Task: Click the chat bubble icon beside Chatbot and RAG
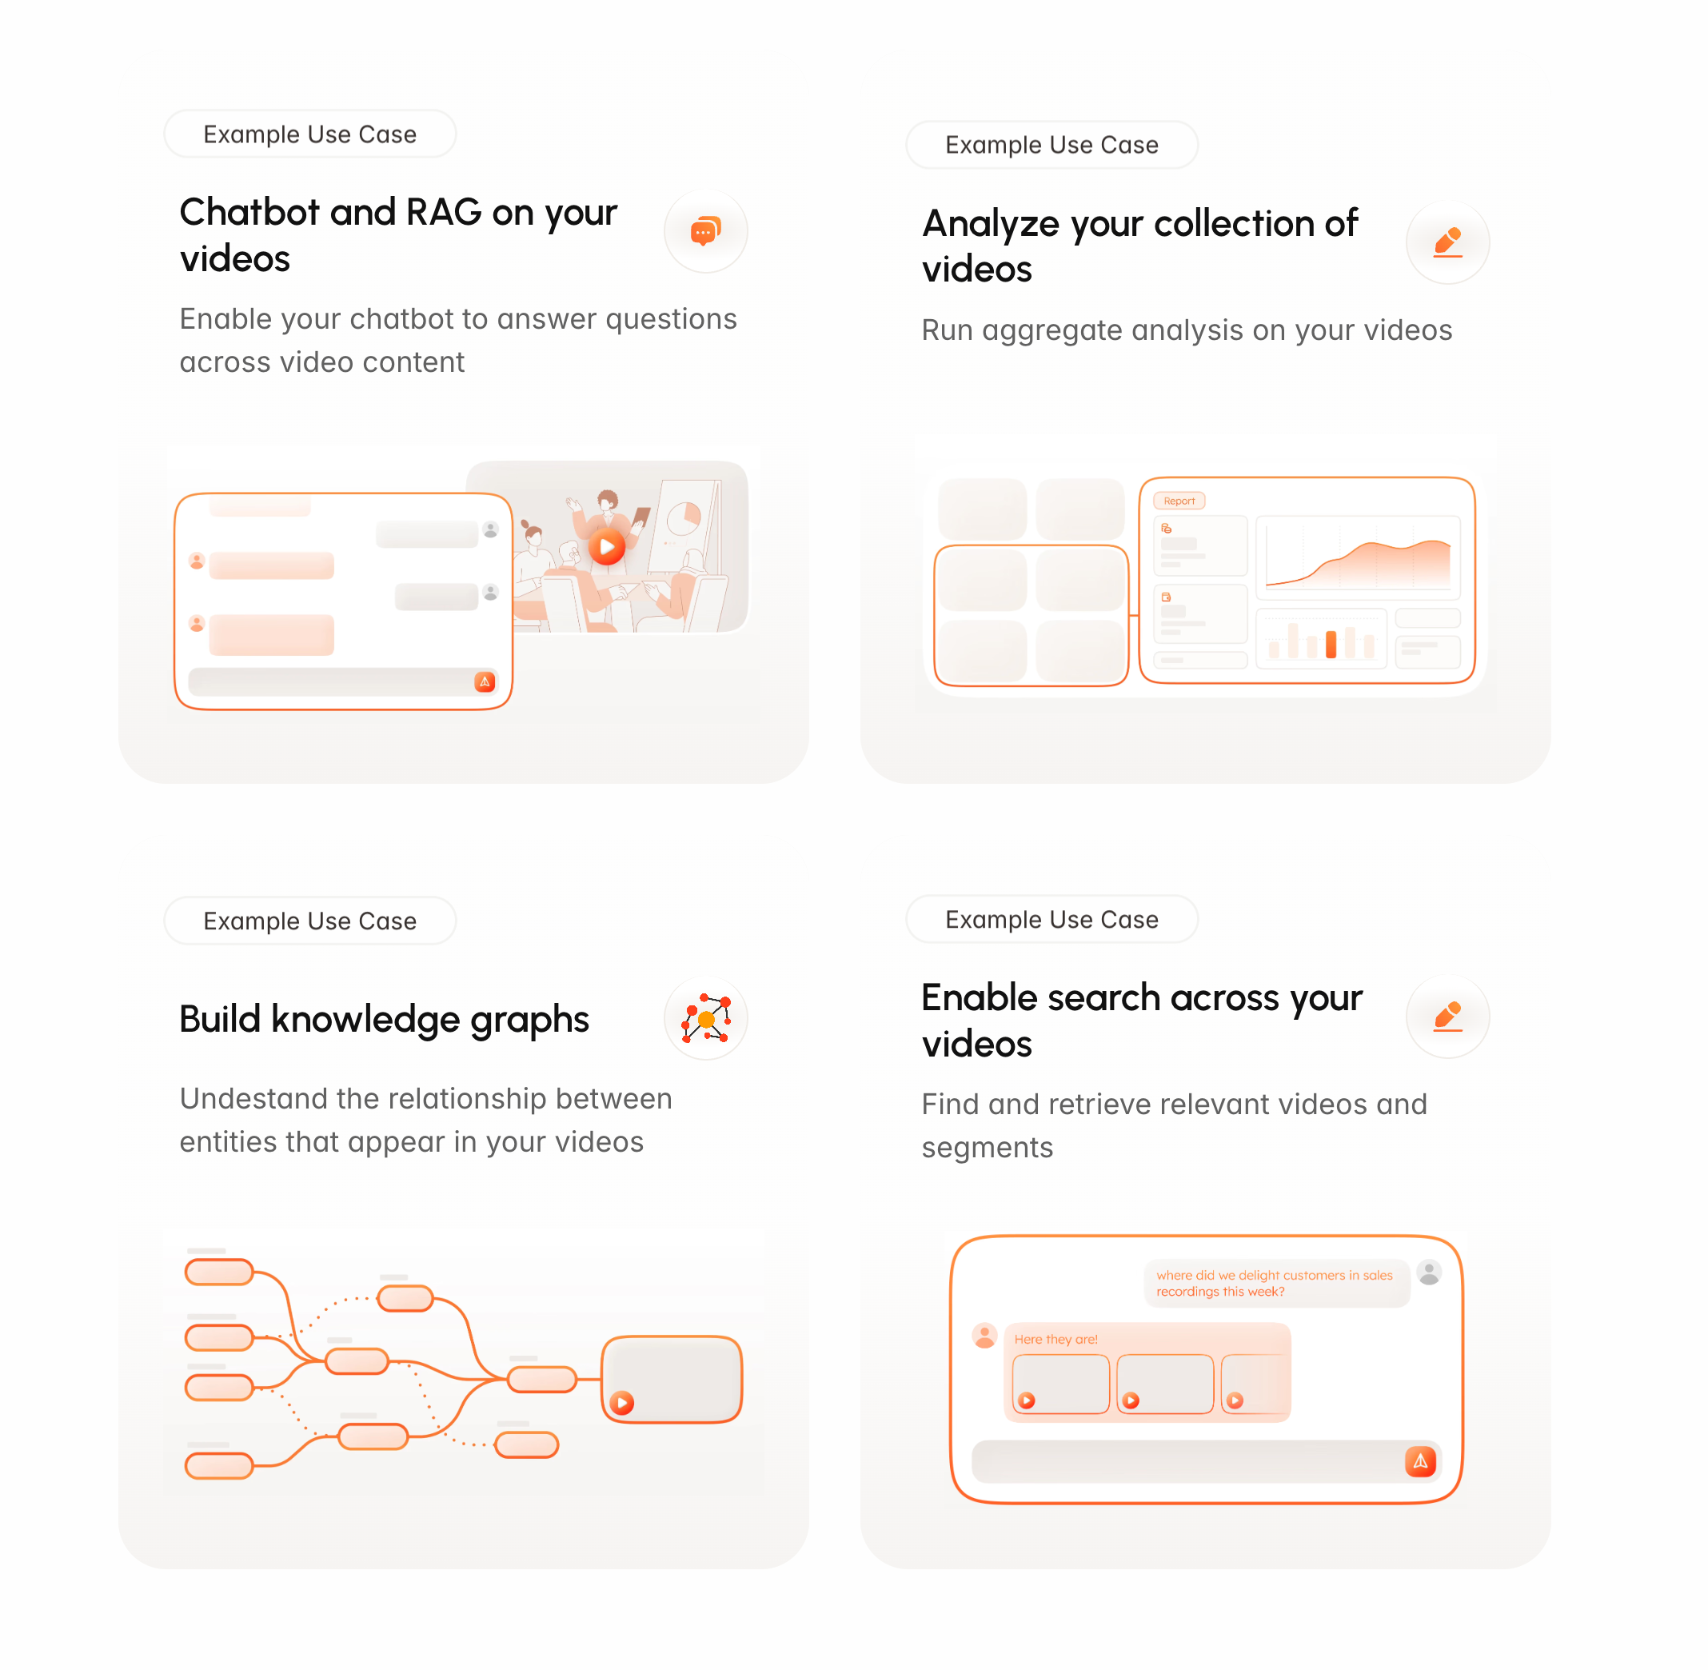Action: (x=706, y=230)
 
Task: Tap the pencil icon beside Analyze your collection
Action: (x=1447, y=242)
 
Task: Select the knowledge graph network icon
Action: (x=706, y=1018)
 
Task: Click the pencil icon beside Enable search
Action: (x=1447, y=1016)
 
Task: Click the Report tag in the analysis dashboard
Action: (x=1179, y=501)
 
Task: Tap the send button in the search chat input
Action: (x=1420, y=1461)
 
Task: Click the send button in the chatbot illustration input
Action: (x=485, y=681)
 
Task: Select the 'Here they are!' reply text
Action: (x=1056, y=1340)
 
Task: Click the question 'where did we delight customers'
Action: (x=1274, y=1283)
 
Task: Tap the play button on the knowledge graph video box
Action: (x=621, y=1403)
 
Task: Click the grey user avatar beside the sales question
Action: (x=1429, y=1272)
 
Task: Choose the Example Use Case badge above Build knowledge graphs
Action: (x=310, y=921)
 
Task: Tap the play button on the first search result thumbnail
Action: (x=1027, y=1400)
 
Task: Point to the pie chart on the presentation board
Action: (x=684, y=518)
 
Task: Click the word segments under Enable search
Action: (x=988, y=1149)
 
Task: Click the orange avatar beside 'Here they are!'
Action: (x=984, y=1336)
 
